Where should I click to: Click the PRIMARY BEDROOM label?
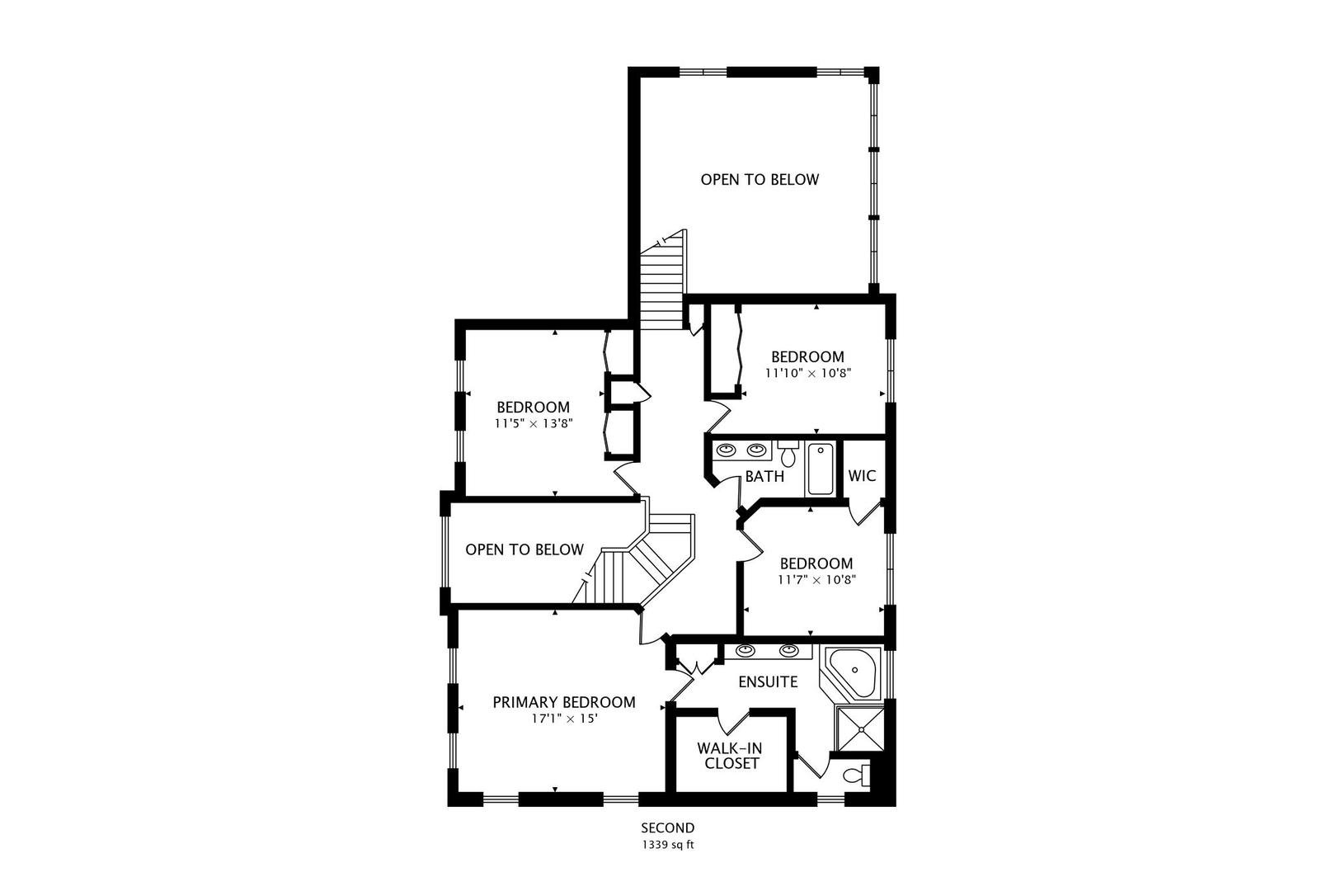pyautogui.click(x=564, y=703)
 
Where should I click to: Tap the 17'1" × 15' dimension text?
pyautogui.click(x=564, y=719)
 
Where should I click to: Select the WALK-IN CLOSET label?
pyautogui.click(x=729, y=756)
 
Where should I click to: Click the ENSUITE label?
pyautogui.click(x=768, y=682)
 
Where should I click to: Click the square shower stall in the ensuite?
pyautogui.click(x=860, y=729)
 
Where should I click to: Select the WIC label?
pyautogui.click(x=862, y=476)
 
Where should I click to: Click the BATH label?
pyautogui.click(x=764, y=477)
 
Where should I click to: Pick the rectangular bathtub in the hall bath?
pyautogui.click(x=821, y=469)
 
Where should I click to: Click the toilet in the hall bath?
pyautogui.click(x=788, y=453)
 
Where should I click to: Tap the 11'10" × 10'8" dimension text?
pyautogui.click(x=807, y=373)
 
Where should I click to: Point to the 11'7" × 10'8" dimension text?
pyautogui.click(x=816, y=579)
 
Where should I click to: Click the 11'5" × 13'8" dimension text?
pyautogui.click(x=533, y=423)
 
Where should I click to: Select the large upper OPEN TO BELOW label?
pyautogui.click(x=760, y=179)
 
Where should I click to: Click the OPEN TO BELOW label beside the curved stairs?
pyautogui.click(x=525, y=549)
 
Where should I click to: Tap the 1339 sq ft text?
pyautogui.click(x=668, y=845)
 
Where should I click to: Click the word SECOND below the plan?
pyautogui.click(x=668, y=828)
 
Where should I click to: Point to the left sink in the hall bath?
pyautogui.click(x=727, y=450)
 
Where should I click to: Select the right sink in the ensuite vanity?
pyautogui.click(x=789, y=651)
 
